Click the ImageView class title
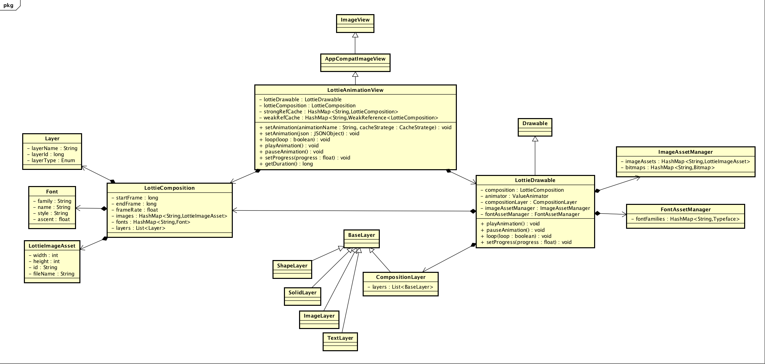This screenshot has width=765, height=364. pos(355,20)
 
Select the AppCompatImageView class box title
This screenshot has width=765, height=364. pos(355,59)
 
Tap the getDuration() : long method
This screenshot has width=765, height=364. pos(289,164)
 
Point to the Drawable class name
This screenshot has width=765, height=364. pos(535,123)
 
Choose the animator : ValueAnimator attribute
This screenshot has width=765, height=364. pos(516,196)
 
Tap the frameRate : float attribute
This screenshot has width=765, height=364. pos(137,210)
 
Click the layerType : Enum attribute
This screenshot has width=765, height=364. pos(53,160)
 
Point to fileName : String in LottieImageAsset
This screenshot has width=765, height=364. pos(53,274)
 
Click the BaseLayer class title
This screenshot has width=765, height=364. pos(361,235)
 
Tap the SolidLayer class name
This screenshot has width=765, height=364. pos(302,293)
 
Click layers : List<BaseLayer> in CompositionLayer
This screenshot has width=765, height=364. pos(400,287)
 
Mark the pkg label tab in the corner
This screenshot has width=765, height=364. pos(8,5)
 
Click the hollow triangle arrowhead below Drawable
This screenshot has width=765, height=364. pos(535,139)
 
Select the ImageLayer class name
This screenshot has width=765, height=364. pos(319,316)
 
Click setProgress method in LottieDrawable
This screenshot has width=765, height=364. pos(526,242)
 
